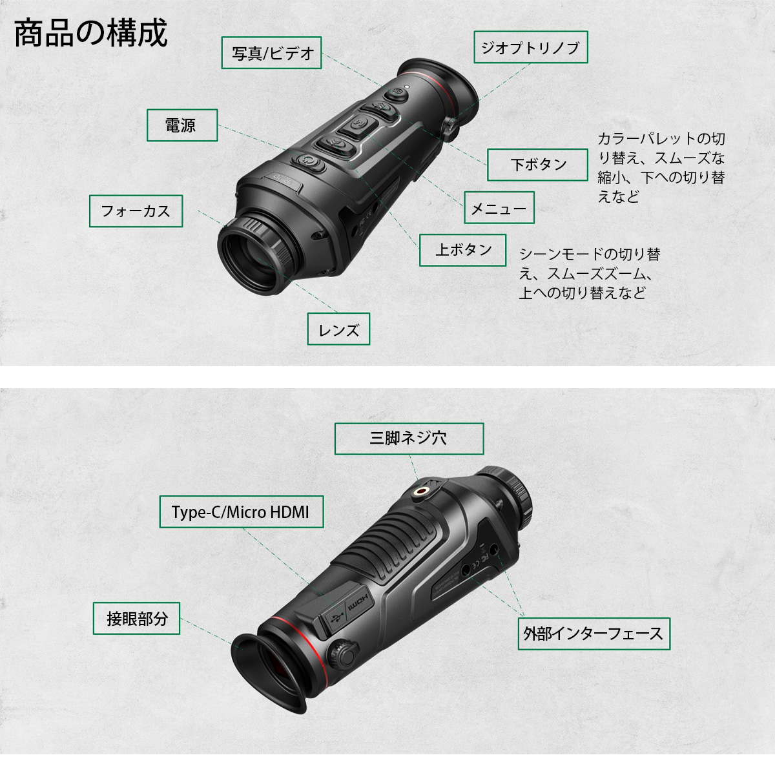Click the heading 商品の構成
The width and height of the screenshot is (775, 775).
point(90,34)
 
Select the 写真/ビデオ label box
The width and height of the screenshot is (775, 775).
point(272,53)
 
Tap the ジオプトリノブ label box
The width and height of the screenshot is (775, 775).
point(530,47)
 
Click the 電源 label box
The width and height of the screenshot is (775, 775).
point(181,125)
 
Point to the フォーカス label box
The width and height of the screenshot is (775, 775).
point(136,211)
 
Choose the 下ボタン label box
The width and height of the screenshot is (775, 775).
point(537,165)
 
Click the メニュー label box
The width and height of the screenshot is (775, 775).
point(499,208)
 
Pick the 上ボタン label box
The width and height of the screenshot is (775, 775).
point(462,250)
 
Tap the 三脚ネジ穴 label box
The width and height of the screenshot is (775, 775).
point(409,439)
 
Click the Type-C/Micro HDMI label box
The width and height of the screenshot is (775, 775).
point(241,512)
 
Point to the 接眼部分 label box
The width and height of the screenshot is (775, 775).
point(137,618)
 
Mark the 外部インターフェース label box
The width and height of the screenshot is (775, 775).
point(593,634)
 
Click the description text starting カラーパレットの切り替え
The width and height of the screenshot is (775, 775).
point(660,167)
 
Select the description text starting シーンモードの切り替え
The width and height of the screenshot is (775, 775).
point(589,273)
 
